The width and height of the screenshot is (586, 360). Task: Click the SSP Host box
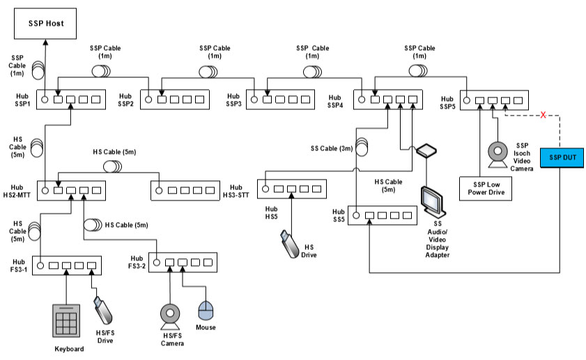(47, 24)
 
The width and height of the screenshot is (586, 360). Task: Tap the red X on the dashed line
(543, 114)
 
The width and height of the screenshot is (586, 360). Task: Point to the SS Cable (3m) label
(330, 148)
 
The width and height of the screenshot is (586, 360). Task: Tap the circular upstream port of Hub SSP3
(256, 100)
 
